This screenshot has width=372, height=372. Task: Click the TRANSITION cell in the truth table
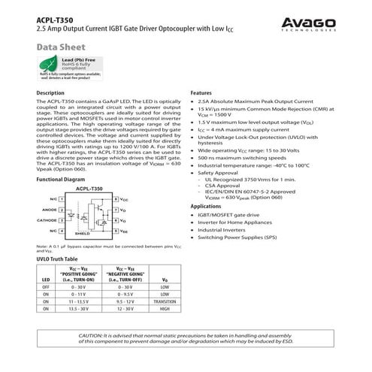click(165, 300)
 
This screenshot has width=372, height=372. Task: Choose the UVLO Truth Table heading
click(57, 259)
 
